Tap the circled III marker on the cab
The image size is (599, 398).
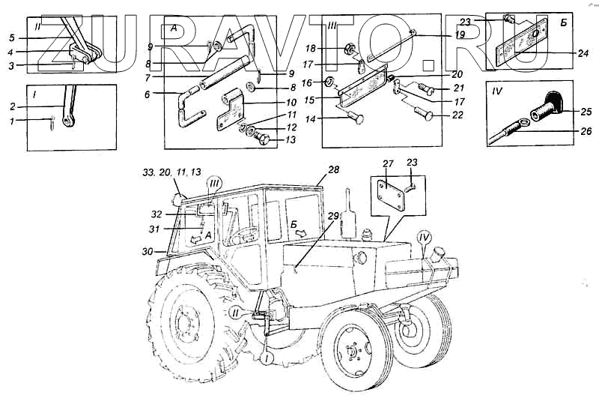tap(214, 184)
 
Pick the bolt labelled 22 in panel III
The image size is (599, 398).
tap(424, 114)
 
